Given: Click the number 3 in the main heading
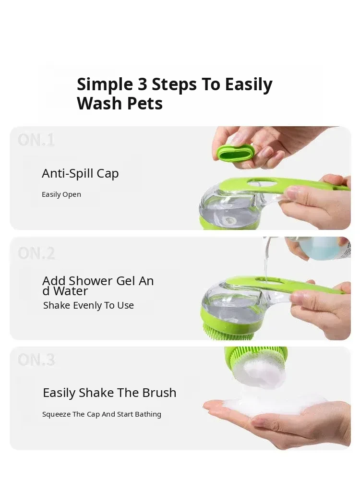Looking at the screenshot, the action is [143, 84].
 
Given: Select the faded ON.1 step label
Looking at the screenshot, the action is [36, 140].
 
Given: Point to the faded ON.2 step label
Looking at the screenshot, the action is [36, 253].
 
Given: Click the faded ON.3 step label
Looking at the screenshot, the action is [36, 360].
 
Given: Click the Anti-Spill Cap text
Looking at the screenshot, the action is [80, 174].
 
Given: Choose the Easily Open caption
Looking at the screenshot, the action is [61, 194].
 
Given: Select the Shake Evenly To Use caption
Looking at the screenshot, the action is [88, 305].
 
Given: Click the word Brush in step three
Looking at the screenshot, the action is [158, 393].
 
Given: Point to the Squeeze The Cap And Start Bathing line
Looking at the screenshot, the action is [102, 414].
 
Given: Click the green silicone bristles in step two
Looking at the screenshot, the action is [228, 333].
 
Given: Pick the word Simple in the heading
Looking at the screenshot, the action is [105, 84].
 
